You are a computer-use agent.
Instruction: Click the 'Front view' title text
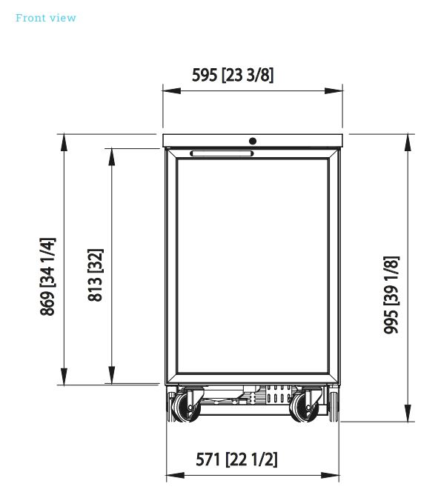(46, 18)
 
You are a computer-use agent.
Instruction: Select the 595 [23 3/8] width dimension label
(233, 75)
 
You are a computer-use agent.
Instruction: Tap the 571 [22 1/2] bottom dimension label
(236, 459)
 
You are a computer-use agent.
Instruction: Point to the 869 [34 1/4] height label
(47, 276)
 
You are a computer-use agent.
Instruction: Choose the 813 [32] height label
(96, 275)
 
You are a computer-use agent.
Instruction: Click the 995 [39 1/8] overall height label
(391, 295)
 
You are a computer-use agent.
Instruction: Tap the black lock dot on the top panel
(253, 141)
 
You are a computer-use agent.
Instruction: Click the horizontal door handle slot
(222, 153)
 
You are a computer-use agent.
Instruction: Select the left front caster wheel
(186, 408)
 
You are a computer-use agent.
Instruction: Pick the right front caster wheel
(304, 408)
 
